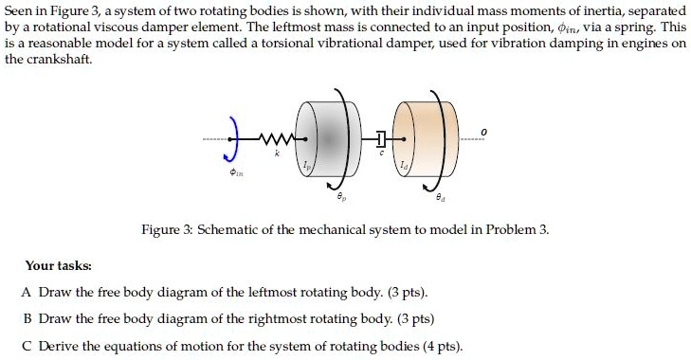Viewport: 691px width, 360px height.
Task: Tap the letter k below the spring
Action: pos(276,153)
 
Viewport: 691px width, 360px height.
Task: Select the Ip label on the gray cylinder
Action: pos(306,167)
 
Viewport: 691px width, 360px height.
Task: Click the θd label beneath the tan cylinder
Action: pos(439,198)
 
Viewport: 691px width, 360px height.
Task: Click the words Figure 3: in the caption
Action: pos(168,230)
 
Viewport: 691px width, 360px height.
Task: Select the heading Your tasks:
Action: pos(59,266)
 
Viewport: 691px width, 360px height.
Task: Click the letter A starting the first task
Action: pos(27,292)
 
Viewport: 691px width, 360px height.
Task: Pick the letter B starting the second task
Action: pos(27,318)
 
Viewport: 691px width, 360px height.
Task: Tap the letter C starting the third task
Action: pos(27,345)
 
